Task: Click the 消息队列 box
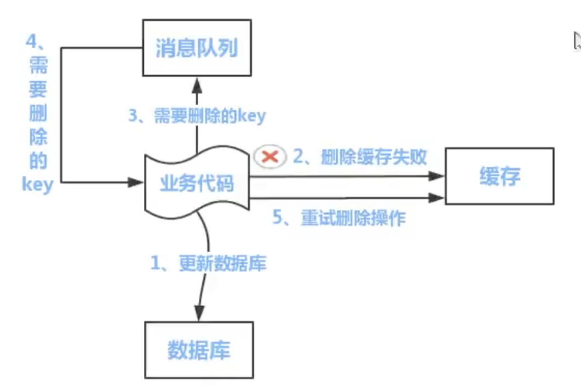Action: point(197,48)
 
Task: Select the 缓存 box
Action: point(499,176)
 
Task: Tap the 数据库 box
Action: point(199,350)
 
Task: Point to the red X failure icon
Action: point(270,157)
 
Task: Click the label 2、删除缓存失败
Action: point(360,157)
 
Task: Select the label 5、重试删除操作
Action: point(339,218)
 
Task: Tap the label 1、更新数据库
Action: point(209,264)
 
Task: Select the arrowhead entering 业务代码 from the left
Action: point(135,182)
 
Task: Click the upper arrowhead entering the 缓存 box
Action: point(437,176)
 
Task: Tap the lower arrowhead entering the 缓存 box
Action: point(437,197)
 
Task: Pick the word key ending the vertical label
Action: point(37,184)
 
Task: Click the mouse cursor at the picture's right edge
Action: point(577,42)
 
